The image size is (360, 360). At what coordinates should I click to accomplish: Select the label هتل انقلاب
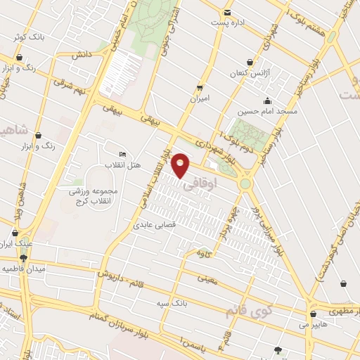pyautogui.click(x=123, y=165)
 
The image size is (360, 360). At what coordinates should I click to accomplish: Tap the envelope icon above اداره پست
pyautogui.click(x=226, y=13)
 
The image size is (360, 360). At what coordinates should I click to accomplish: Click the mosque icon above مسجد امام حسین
pyautogui.click(x=266, y=100)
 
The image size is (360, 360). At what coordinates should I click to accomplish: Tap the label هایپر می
pyautogui.click(x=314, y=325)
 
